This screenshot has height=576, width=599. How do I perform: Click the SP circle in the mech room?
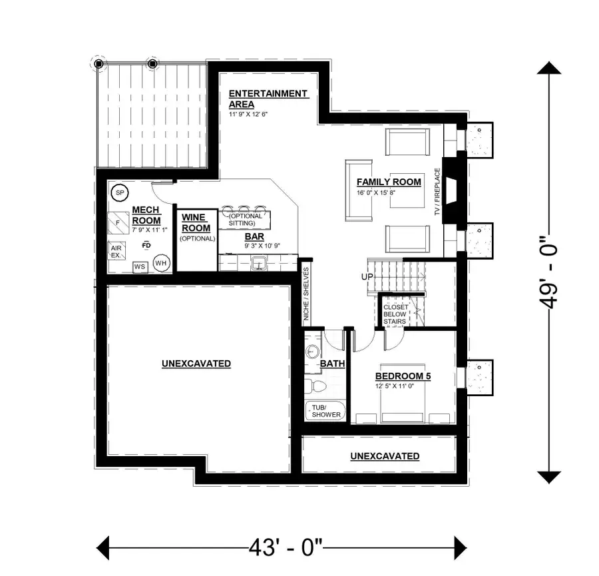[120, 193]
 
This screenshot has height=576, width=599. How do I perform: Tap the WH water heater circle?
[161, 263]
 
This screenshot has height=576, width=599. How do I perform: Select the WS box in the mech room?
[140, 266]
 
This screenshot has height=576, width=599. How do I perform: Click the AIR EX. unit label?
[116, 250]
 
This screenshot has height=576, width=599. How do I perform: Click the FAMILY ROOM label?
[389, 182]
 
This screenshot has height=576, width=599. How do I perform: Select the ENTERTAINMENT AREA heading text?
[268, 99]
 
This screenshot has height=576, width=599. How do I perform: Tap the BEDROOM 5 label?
[403, 376]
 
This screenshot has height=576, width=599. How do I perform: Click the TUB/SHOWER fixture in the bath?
[325, 411]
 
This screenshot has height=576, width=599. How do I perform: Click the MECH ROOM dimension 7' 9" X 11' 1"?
[150, 230]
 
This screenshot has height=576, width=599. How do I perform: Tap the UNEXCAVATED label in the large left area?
[196, 364]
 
